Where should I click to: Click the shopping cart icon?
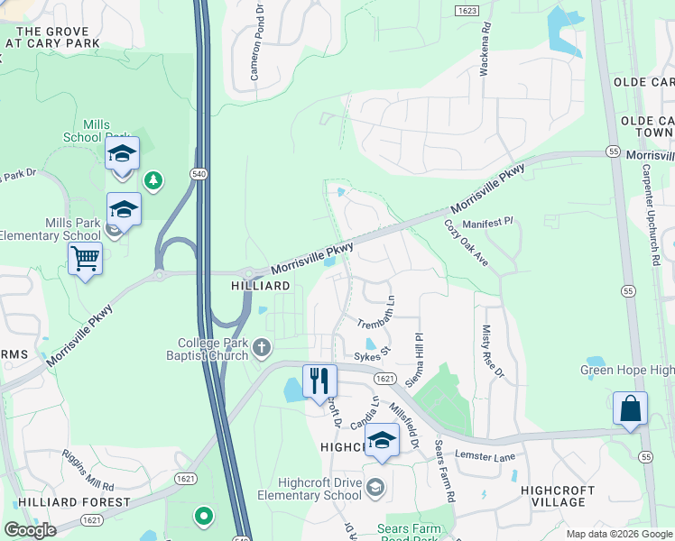pos(85,259)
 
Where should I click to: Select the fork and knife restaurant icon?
pos(319,381)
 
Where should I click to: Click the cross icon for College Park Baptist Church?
pos(262,347)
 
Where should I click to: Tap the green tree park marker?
pos(154,180)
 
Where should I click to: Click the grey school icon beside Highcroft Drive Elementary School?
pos(374,489)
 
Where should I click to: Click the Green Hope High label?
pos(626,370)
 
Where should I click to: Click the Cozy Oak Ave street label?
pos(467,243)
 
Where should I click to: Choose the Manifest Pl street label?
pos(487,221)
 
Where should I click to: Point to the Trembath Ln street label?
pos(376,311)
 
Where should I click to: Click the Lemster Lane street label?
pos(485,457)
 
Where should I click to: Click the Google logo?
pos(30,530)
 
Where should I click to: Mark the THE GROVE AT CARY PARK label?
pos(52,37)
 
